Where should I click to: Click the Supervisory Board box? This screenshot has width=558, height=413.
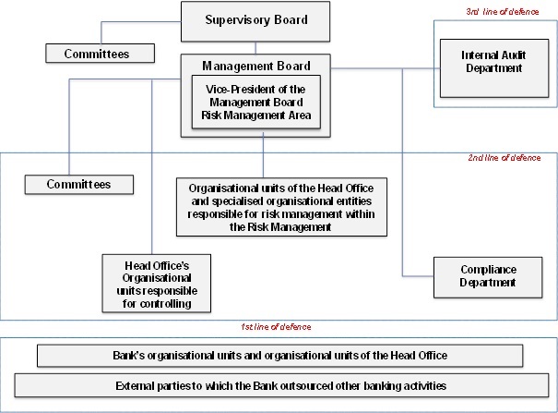(x=255, y=22)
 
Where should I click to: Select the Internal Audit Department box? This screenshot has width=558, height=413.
(x=494, y=68)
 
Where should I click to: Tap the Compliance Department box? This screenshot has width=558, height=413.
(x=488, y=277)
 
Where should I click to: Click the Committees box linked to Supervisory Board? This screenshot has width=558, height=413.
(x=100, y=54)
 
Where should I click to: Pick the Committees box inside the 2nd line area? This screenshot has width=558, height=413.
(x=79, y=185)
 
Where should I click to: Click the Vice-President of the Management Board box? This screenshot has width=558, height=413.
(x=256, y=102)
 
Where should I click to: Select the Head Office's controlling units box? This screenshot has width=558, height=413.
(x=157, y=284)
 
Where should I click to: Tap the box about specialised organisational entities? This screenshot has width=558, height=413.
(x=281, y=207)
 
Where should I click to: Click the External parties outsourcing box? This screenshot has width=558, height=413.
(x=281, y=385)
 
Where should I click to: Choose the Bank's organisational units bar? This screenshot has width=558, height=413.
(x=280, y=356)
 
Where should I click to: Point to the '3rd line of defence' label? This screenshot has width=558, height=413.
(x=503, y=12)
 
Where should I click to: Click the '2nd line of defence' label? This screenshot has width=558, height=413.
(x=505, y=158)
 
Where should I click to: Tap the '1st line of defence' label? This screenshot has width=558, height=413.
(x=276, y=327)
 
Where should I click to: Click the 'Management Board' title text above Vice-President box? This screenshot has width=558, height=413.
(x=256, y=66)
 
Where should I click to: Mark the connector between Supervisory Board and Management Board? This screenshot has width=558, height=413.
(x=255, y=48)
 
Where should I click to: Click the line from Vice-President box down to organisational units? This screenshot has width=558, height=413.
(x=264, y=155)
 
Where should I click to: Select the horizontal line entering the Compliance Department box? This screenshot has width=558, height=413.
(x=418, y=276)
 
